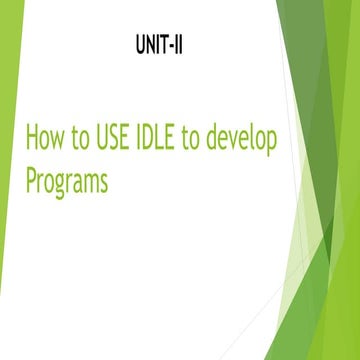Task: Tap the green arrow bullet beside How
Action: [13, 138]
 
